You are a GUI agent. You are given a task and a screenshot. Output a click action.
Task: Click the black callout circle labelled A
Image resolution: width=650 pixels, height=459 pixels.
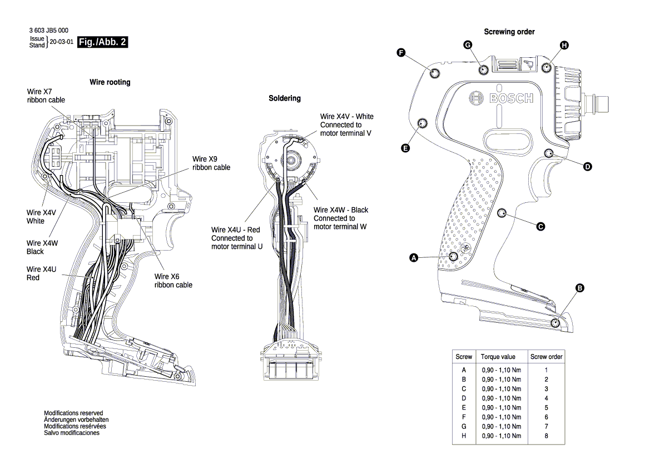pos(413,257)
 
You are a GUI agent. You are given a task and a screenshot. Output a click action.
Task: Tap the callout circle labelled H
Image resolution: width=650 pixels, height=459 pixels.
pos(564,46)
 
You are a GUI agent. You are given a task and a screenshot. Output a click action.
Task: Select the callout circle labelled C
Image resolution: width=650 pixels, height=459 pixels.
pos(539,226)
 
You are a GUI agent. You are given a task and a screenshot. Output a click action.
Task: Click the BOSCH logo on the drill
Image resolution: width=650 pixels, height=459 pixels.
pos(501,98)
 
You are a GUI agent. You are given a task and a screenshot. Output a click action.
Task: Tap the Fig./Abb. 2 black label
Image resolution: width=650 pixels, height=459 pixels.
pos(102,42)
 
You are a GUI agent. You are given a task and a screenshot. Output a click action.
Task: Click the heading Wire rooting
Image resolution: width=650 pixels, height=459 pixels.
pos(110,82)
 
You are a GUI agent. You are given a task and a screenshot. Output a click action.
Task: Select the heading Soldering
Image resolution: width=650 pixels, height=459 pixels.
pos(284,98)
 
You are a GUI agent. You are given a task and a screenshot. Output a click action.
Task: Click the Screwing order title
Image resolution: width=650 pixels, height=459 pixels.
pos(509,32)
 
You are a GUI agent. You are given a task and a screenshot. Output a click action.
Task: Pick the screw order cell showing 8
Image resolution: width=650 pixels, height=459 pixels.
pos(546,436)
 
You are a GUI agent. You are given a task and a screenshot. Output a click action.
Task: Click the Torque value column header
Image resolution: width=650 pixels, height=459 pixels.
pos(498,357)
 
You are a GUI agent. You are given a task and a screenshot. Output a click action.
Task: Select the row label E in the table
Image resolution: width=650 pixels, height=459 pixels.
pos(464,407)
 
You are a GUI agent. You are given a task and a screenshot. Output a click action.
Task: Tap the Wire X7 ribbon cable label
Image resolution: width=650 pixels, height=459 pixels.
pos(46,95)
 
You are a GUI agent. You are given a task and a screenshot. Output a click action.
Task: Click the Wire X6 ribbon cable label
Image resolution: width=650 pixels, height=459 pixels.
pos(173,280)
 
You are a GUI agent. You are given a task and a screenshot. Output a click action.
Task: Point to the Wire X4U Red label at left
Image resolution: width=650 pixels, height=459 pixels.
pos(41,273)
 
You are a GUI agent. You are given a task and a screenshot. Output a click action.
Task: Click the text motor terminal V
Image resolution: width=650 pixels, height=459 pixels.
pos(345,134)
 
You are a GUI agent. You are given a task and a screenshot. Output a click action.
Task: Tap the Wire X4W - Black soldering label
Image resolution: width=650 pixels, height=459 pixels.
pos(341,210)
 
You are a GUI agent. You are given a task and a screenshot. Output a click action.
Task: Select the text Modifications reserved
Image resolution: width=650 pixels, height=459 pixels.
pos(73,413)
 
